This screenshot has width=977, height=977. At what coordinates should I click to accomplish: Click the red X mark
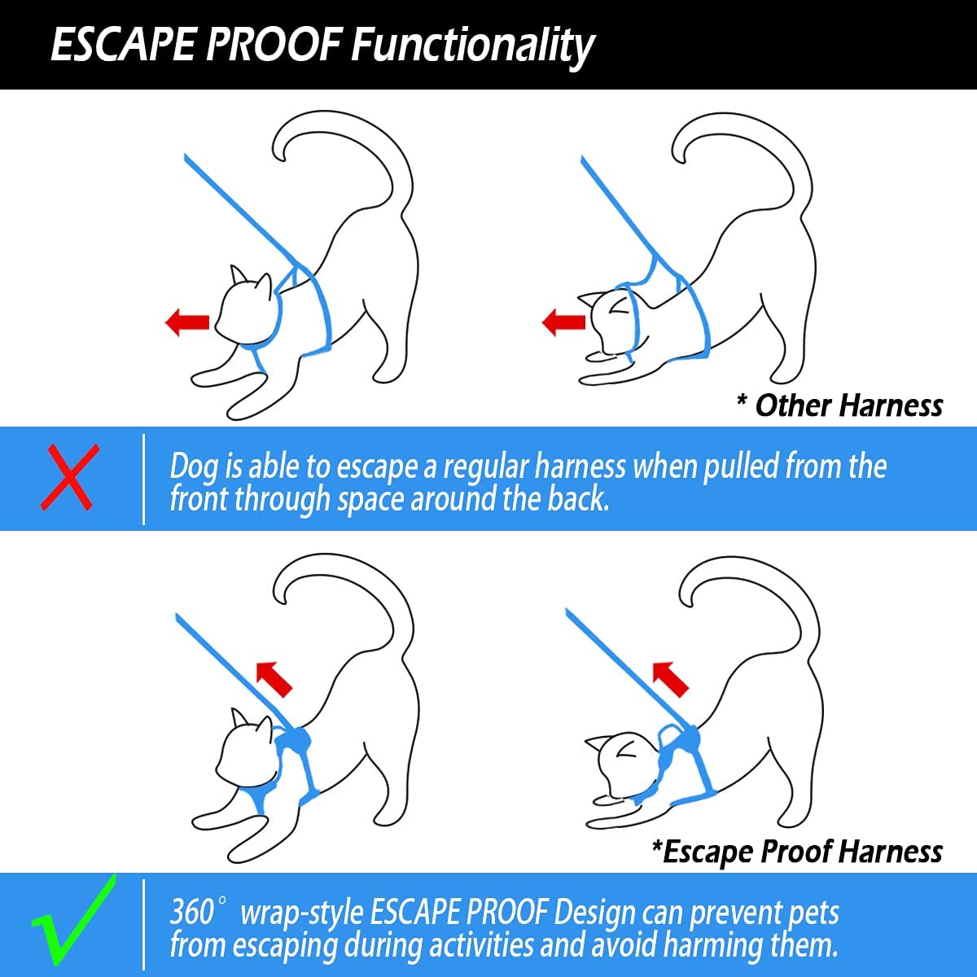pos(70,476)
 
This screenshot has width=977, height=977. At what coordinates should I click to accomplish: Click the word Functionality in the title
pos(472,46)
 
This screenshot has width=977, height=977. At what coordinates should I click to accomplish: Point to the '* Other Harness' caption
pos(839,405)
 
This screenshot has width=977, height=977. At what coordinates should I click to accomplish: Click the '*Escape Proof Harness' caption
pos(797,852)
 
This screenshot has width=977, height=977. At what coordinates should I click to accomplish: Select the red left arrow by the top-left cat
pos(187,322)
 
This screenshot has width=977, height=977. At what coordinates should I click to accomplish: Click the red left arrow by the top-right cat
pos(563,322)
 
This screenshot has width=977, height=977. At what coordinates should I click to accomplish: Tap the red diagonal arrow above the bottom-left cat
pos(274,679)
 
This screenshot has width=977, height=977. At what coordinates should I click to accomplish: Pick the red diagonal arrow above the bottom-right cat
pos(670,679)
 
